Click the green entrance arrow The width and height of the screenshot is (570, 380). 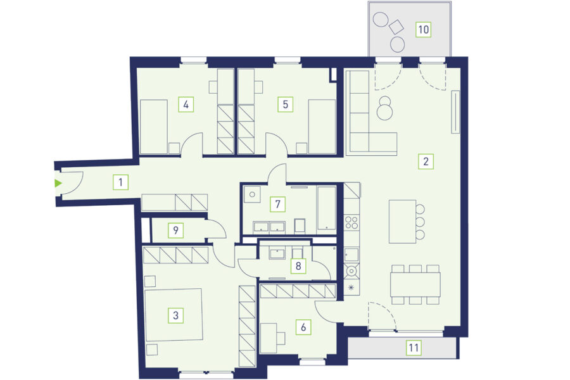(x=58, y=183)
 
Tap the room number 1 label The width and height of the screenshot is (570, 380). (x=121, y=182)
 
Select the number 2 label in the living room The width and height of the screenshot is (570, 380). (x=426, y=161)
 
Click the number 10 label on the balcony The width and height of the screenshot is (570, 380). (x=424, y=29)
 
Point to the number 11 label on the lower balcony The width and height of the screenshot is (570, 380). (x=414, y=348)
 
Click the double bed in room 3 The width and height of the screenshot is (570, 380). (x=173, y=315)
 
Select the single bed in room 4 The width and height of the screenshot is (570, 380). (x=153, y=127)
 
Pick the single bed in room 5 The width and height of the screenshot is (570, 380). (x=322, y=127)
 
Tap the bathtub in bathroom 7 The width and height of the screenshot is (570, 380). (x=326, y=208)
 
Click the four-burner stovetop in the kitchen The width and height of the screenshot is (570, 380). (x=352, y=222)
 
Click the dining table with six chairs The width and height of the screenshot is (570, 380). (x=415, y=284)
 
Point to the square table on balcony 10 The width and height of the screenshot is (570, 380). (x=396, y=27)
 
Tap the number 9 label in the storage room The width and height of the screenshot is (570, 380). (x=175, y=230)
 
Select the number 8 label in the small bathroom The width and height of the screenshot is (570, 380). (x=298, y=266)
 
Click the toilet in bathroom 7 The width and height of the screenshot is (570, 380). (x=300, y=225)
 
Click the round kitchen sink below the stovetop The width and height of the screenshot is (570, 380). (x=352, y=270)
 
